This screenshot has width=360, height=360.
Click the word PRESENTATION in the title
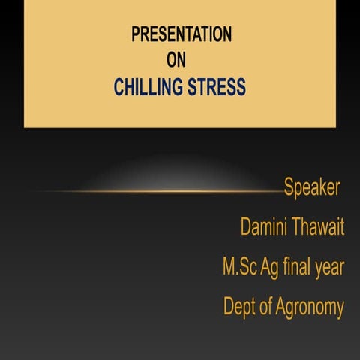coord(181,34)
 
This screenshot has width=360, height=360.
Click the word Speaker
coord(312,187)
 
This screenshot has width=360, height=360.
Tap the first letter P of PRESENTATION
coord(136,34)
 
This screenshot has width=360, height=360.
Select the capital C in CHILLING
coord(118,88)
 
